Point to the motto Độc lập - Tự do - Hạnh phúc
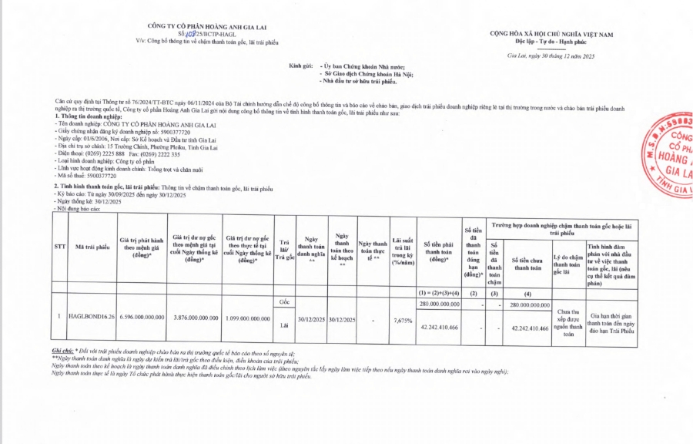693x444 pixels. tap(551, 42)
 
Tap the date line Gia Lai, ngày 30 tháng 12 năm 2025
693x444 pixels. tap(551, 55)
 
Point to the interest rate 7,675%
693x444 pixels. tap(402, 318)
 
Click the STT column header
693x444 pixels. tap(59, 247)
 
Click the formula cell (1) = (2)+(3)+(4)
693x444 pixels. tap(440, 294)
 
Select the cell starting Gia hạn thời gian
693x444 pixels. tap(614, 323)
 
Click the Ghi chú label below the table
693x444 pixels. tap(63, 351)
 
